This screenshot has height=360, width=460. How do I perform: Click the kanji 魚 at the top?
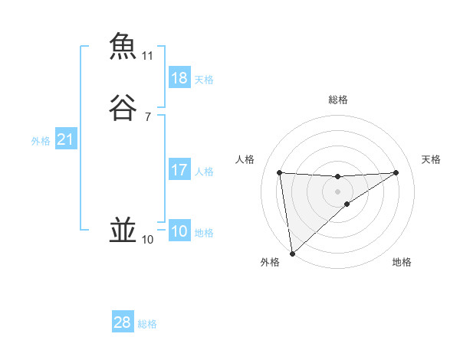[123, 46]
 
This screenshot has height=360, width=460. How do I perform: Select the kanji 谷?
[123, 108]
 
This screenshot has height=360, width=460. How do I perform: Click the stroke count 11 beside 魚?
[148, 56]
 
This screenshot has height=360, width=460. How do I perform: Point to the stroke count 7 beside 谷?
[148, 117]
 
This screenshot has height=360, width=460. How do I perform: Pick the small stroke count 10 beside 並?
[148, 240]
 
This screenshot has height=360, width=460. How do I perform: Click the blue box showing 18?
[179, 77]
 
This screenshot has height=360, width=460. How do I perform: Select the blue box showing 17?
[179, 169]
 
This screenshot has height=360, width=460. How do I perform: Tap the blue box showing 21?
[65, 139]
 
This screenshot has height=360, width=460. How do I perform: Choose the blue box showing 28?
[123, 322]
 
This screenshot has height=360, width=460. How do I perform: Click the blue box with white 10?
[179, 231]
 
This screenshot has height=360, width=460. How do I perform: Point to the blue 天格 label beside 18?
[204, 79]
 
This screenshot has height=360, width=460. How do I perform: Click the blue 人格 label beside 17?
[204, 171]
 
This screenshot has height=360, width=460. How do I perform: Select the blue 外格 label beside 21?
[41, 141]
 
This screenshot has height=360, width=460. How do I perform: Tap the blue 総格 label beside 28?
[147, 324]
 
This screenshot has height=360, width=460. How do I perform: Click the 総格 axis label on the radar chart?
[337, 100]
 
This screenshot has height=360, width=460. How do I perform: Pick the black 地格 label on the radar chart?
[402, 262]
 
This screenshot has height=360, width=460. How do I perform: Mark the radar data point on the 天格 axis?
[396, 172]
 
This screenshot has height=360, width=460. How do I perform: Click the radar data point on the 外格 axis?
[291, 253]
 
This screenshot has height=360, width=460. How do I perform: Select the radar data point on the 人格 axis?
[279, 172]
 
